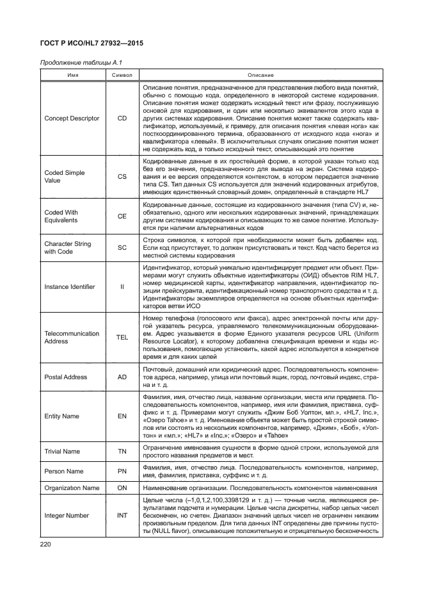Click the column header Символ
[x=122, y=75]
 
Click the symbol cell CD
[x=122, y=119]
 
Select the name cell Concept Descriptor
[x=71, y=119]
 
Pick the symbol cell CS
[x=122, y=177]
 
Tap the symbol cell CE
[x=122, y=217]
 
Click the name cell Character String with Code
[x=67, y=248]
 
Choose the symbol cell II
[x=122, y=286]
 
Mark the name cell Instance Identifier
[x=70, y=286]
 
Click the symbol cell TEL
[x=122, y=337]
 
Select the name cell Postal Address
[x=65, y=377]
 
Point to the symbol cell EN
[x=122, y=416]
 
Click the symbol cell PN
[x=122, y=471]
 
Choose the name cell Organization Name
[x=72, y=488]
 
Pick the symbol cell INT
[x=122, y=516]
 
